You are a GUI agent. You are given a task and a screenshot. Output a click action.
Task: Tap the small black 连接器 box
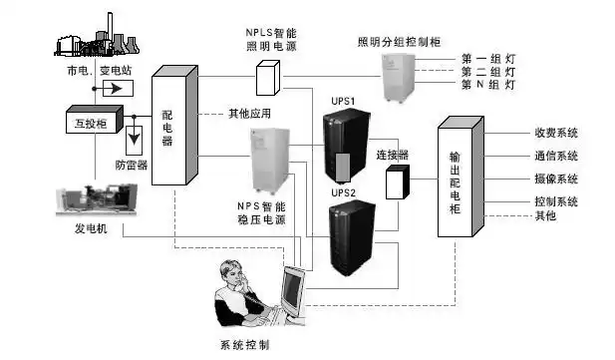tap(398, 182)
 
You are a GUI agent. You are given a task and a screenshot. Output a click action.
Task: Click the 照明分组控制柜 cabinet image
tap(400, 76)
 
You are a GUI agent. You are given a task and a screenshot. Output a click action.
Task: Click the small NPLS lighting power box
tap(268, 77)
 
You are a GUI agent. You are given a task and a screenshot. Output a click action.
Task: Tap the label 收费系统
tap(556, 133)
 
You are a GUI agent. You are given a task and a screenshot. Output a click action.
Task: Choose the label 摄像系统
tap(556, 179)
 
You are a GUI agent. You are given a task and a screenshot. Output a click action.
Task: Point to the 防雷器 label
tap(132, 165)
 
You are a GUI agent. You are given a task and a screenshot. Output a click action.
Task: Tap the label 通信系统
tap(556, 156)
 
